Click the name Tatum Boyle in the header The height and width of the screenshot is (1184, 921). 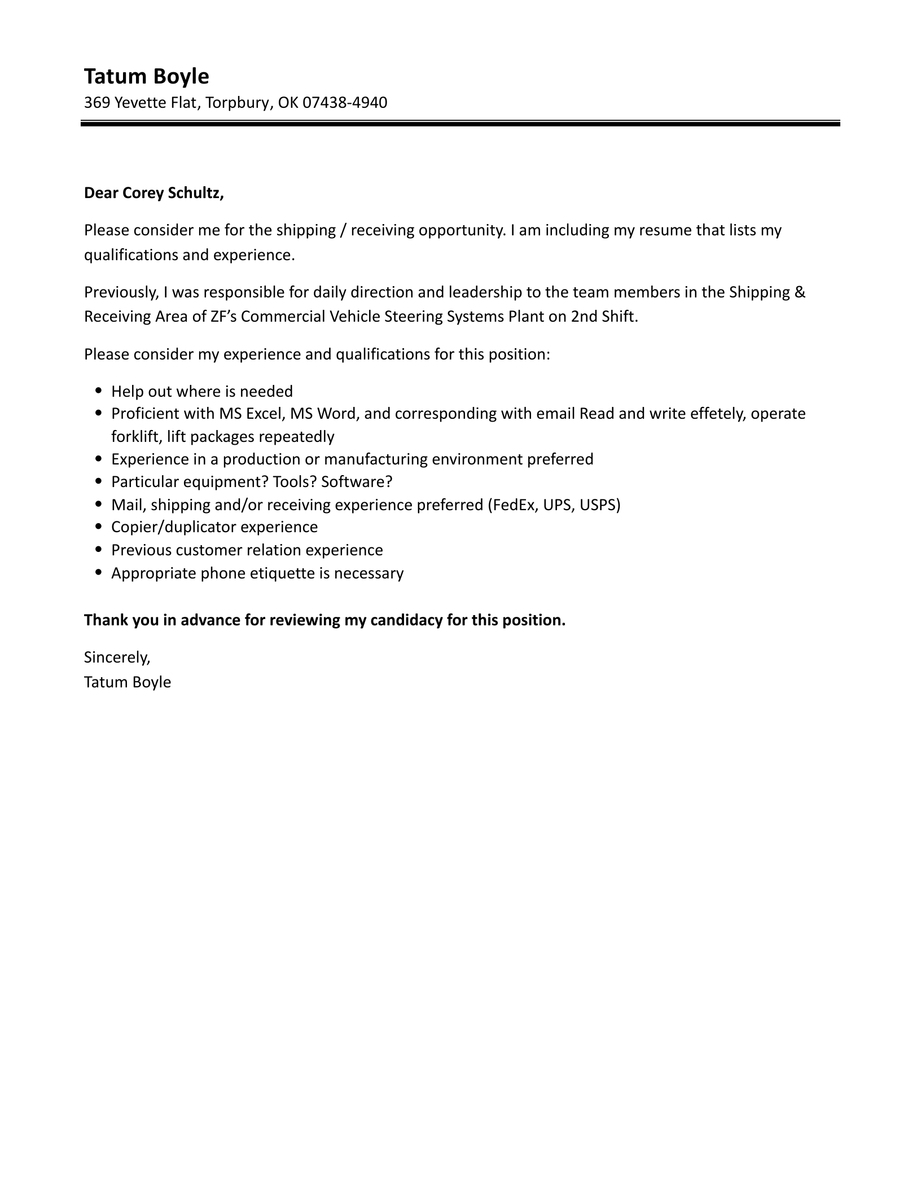(x=146, y=76)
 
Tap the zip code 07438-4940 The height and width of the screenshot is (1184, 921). (x=345, y=103)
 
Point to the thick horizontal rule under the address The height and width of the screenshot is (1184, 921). (x=460, y=123)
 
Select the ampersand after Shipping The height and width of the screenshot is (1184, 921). (x=800, y=292)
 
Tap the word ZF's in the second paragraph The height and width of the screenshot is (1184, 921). (x=224, y=317)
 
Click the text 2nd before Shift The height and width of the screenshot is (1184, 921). (x=586, y=317)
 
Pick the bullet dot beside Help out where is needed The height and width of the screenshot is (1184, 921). (x=99, y=391)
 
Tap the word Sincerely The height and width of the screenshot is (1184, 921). (x=117, y=657)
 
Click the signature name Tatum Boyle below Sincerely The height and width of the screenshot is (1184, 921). (x=128, y=682)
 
